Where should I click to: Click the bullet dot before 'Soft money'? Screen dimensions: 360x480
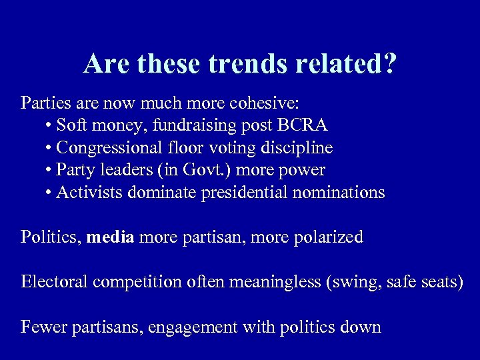click(50, 126)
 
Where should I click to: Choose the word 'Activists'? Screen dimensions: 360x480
click(85, 193)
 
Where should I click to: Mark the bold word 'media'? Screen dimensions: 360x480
click(111, 237)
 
